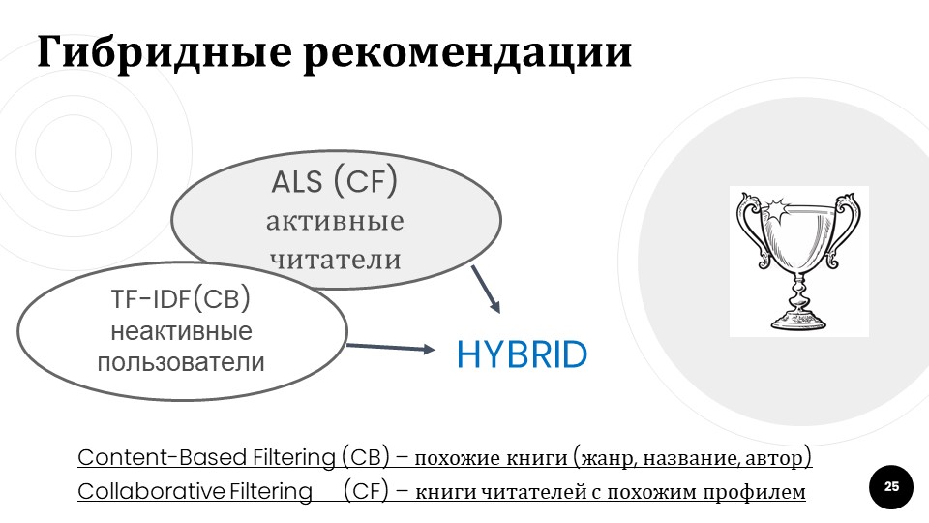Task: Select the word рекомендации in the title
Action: pyautogui.click(x=467, y=53)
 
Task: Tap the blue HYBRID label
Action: pyautogui.click(x=522, y=355)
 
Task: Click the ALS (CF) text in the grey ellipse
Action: pyautogui.click(x=335, y=181)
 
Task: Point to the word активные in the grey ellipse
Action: pyautogui.click(x=335, y=221)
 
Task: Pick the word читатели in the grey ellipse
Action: pyautogui.click(x=335, y=259)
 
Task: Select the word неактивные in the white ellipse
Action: pyautogui.click(x=181, y=332)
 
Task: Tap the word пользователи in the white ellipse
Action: pyautogui.click(x=181, y=363)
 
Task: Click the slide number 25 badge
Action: pyautogui.click(x=891, y=486)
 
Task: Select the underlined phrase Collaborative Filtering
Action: pyautogui.click(x=195, y=492)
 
